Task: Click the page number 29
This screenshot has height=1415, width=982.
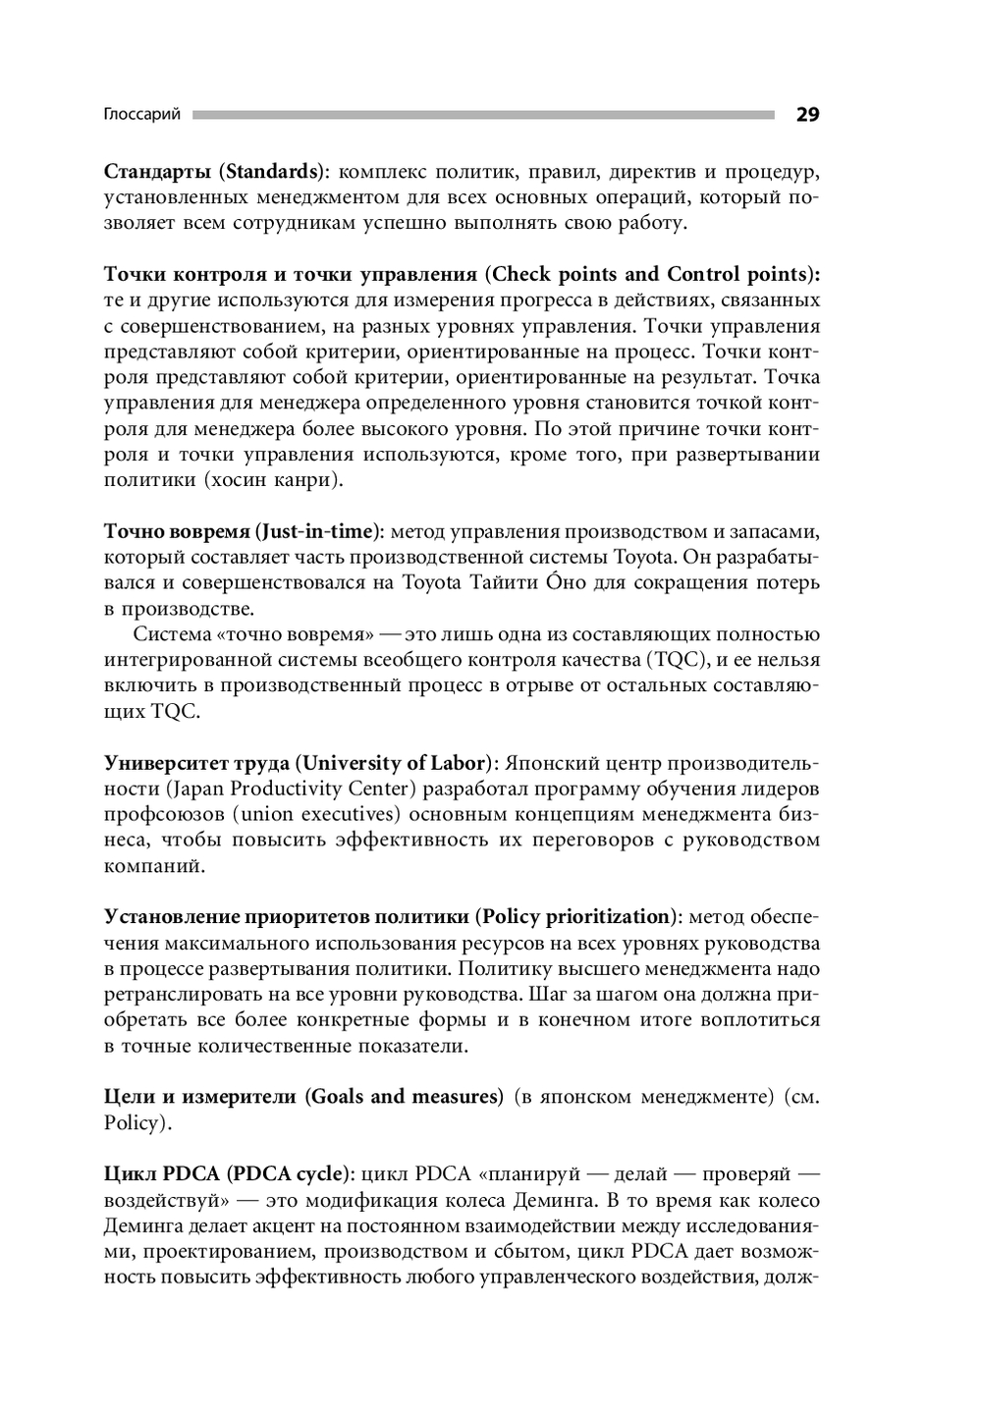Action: [x=807, y=115]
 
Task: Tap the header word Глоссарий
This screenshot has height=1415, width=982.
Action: [x=142, y=115]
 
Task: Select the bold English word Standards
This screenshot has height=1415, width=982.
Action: [x=271, y=172]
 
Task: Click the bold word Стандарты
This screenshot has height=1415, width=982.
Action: [x=157, y=172]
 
